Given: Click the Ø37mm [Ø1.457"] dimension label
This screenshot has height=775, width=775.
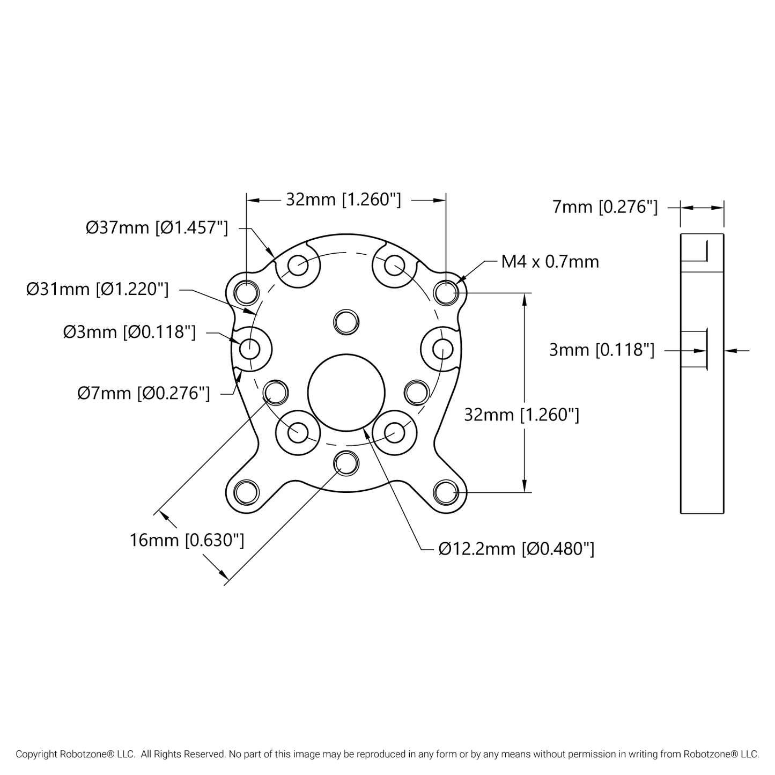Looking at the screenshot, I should pos(157,228).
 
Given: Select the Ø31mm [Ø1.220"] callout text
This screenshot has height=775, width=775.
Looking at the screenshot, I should pos(98,290).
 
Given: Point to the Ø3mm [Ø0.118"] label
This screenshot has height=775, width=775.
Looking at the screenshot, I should pos(129,332).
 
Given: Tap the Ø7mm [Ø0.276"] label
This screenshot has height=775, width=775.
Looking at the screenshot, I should pos(143,393).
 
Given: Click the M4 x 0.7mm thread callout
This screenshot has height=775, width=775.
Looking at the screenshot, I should pos(550,262).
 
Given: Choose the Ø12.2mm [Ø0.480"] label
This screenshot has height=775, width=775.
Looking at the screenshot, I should pos(516,549).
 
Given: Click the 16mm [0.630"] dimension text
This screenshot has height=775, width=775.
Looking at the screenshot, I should pos(187,540).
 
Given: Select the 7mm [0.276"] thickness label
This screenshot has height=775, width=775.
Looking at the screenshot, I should pos(604,207).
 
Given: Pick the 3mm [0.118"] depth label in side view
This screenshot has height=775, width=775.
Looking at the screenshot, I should pos(601,350).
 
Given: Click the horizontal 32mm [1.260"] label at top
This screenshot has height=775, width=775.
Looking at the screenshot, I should pos(343,200).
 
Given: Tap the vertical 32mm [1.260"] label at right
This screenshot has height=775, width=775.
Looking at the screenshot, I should pos(521,415).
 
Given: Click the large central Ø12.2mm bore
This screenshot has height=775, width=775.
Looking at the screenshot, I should pos(346,392).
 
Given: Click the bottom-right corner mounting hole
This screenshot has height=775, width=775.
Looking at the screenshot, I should pos(446,492).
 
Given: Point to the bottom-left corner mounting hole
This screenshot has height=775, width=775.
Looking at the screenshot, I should pos(247,492).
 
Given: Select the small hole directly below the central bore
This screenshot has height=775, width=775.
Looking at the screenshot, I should pos(346,462).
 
